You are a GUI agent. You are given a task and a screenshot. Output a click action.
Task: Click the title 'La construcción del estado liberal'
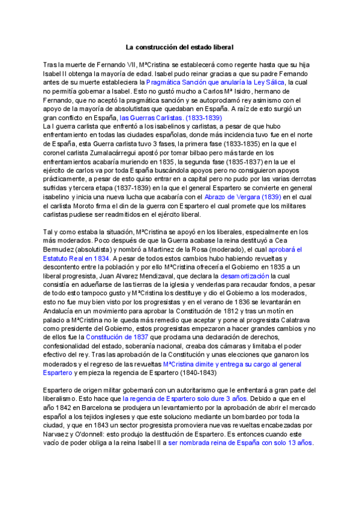179,46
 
